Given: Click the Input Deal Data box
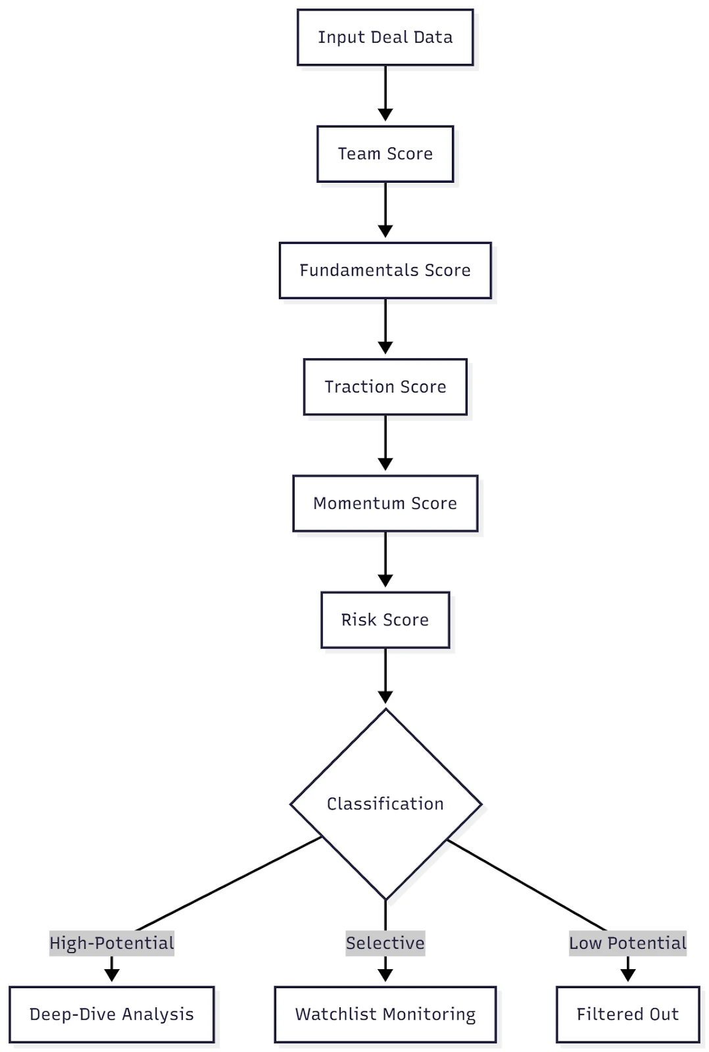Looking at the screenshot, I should [385, 37].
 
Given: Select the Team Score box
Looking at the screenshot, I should [385, 154].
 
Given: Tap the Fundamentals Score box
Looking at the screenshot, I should [385, 270].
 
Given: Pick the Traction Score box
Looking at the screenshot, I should [385, 387].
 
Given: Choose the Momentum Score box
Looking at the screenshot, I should [385, 504].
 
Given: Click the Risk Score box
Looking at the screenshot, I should [385, 620].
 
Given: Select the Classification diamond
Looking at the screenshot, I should [385, 803].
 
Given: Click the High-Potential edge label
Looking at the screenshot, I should [112, 943].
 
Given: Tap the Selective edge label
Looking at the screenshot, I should [385, 943].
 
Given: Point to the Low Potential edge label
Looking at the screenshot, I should [627, 943].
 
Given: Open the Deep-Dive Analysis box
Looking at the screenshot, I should [112, 1015].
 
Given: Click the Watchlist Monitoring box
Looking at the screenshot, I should [385, 1015].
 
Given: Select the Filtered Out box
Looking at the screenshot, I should [627, 1015].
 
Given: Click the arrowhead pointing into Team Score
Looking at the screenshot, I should [385, 115].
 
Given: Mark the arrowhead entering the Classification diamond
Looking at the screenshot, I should [385, 697].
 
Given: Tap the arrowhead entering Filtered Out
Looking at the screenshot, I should [628, 975].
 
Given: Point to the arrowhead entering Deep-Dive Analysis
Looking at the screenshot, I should [112, 975].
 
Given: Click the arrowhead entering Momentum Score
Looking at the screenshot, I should [385, 464].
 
